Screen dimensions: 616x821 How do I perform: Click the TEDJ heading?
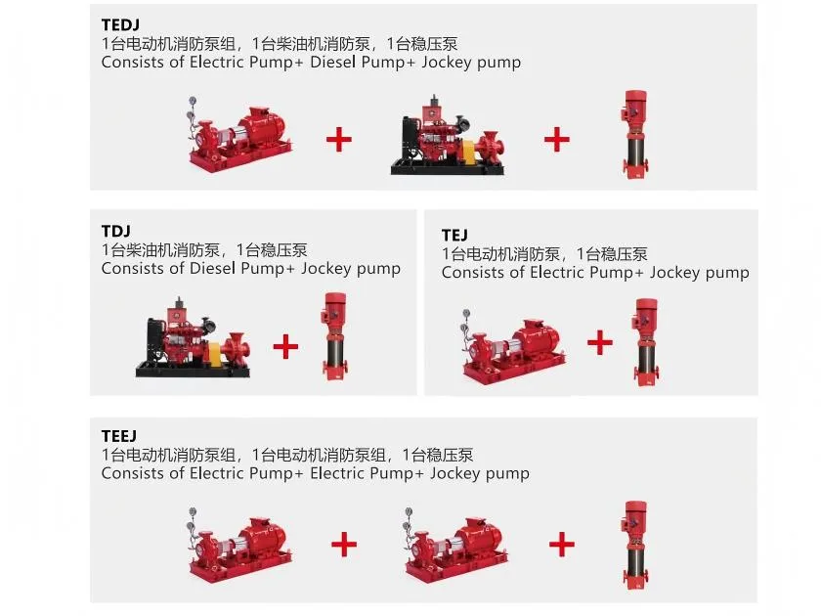120,24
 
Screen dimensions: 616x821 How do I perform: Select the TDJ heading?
115,231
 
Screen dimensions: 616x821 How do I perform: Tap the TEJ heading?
454,235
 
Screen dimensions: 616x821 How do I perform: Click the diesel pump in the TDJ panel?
193,338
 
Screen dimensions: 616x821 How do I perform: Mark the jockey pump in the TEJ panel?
645,342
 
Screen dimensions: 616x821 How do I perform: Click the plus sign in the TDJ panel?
285,346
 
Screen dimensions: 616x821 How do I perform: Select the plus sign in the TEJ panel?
600,342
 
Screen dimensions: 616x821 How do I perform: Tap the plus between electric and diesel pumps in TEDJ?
339,139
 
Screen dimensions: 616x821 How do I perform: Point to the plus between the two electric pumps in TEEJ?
344,545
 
